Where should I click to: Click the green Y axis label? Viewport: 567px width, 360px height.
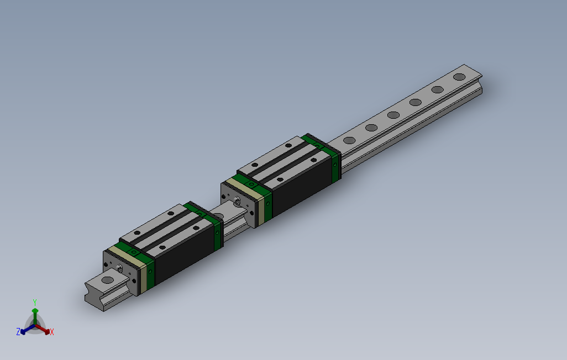[34, 301]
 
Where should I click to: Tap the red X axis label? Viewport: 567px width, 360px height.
[51, 332]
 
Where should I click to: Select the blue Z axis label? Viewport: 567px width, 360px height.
[18, 331]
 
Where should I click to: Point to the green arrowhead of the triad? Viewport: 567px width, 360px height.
[35, 311]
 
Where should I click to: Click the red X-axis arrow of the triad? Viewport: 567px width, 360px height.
[44, 330]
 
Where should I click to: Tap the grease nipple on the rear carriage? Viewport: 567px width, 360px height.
[237, 201]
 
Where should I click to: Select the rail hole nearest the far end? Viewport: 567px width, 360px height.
[459, 77]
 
